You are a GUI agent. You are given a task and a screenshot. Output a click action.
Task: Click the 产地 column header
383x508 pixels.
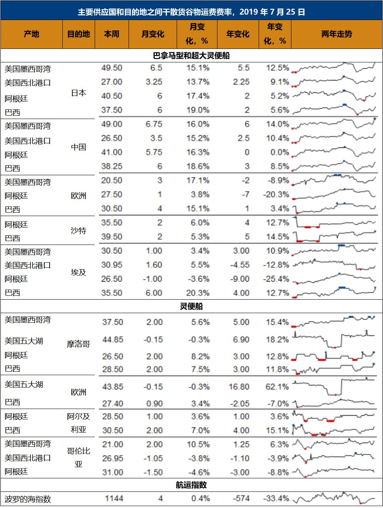click(32, 34)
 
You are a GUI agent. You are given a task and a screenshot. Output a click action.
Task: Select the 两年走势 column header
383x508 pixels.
click(336, 34)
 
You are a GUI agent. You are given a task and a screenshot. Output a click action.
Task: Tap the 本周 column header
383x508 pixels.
click(112, 34)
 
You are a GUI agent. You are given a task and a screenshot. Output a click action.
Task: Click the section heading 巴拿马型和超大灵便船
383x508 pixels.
click(191, 55)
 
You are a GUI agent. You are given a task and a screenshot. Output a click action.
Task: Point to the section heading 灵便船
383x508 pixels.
click(191, 306)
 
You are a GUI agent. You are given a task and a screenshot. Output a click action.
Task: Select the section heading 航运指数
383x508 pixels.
click(191, 485)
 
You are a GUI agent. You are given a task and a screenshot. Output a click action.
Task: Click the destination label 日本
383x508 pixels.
click(79, 93)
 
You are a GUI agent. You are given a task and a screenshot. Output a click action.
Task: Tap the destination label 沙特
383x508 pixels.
click(79, 230)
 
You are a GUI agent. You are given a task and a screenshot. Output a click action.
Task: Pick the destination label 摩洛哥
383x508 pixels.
click(79, 344)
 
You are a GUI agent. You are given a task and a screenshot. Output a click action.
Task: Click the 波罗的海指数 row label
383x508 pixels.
click(28, 499)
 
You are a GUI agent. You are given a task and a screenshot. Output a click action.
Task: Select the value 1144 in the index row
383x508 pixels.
click(114, 498)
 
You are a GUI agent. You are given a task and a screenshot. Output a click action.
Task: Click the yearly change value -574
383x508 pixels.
click(241, 498)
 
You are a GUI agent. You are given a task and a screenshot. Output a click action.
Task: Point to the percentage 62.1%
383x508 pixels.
click(277, 387)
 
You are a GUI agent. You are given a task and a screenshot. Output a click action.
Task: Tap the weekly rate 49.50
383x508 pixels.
click(112, 68)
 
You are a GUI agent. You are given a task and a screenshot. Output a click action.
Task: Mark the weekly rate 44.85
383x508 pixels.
click(112, 340)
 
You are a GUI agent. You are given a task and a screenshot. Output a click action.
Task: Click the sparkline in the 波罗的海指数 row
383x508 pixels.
click(334, 498)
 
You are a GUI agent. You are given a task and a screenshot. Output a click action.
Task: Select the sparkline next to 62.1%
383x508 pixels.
click(334, 387)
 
